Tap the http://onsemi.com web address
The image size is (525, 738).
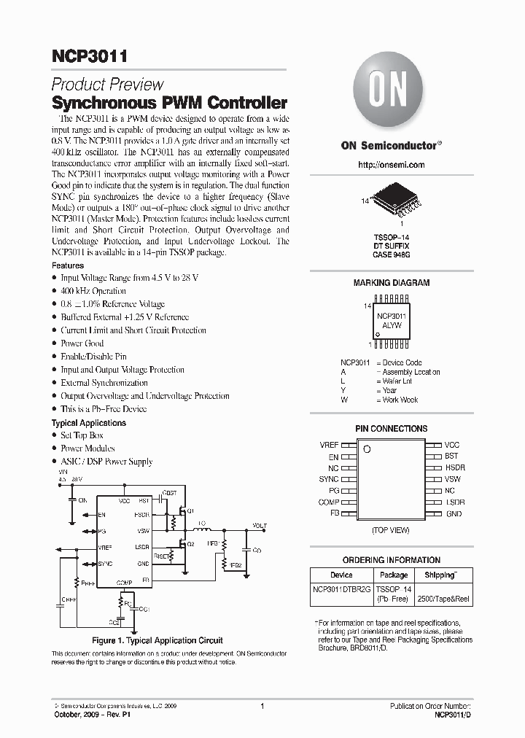click(x=392, y=166)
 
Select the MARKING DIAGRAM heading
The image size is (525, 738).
click(x=392, y=283)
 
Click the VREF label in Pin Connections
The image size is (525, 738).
click(x=329, y=445)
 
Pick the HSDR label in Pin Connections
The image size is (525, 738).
click(x=455, y=467)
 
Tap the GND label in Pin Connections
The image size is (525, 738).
click(x=454, y=514)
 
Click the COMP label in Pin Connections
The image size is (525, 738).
click(x=328, y=502)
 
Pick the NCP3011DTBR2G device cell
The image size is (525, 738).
click(x=341, y=588)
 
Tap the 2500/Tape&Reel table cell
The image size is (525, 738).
click(x=442, y=598)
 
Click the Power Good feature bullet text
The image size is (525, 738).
click(x=82, y=343)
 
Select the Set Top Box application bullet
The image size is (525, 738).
click(x=82, y=435)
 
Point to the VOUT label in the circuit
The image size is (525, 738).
click(x=259, y=525)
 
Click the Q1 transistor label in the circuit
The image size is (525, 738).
click(x=190, y=512)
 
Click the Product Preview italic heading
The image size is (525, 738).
click(x=107, y=85)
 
